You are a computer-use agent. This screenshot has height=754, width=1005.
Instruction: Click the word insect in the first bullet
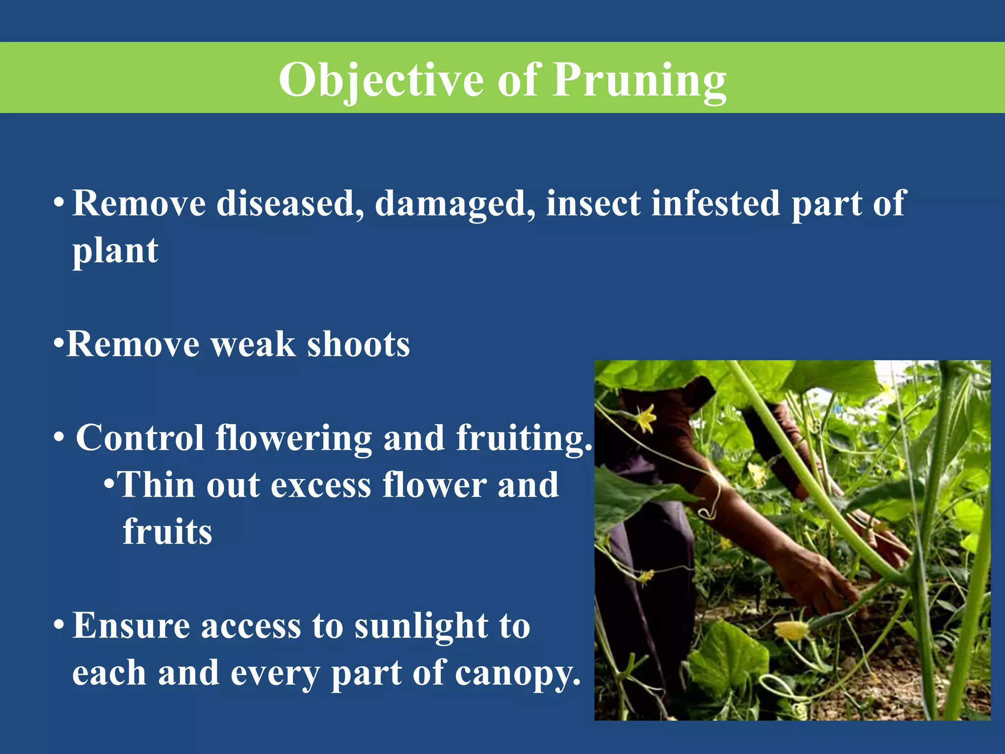[593, 203]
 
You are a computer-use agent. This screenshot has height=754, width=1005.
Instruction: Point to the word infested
[715, 203]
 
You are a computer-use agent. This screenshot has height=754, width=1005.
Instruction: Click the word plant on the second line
[115, 251]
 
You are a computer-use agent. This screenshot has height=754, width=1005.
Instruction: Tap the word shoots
[358, 344]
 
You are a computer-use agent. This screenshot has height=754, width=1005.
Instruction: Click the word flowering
[293, 438]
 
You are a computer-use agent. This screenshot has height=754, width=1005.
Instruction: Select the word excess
[320, 485]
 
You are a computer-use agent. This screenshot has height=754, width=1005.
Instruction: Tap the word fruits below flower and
[167, 532]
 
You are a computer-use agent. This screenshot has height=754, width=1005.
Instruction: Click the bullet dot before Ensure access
[59, 625]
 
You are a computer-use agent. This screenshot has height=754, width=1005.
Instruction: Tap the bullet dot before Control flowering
[59, 436]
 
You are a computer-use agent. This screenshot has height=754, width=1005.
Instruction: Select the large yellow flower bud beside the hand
[791, 630]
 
